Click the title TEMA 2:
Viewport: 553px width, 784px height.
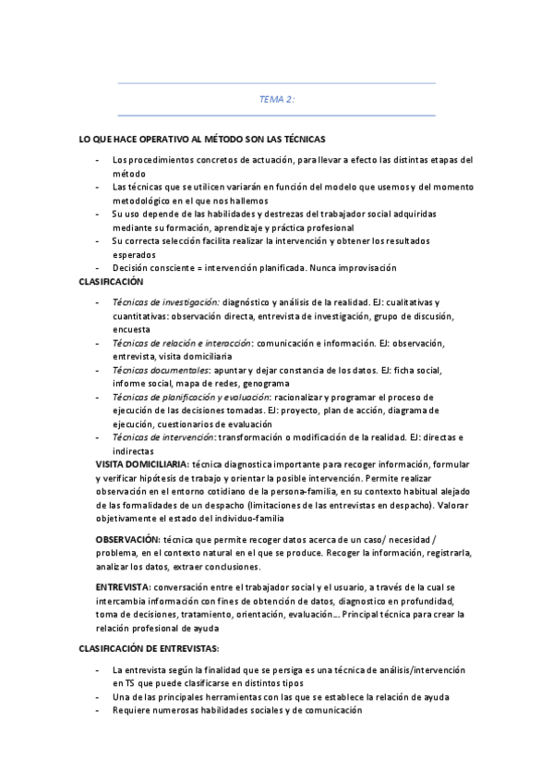coord(276,99)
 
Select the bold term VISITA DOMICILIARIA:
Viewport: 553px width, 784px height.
coord(143,461)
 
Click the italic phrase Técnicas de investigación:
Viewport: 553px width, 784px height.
coord(165,302)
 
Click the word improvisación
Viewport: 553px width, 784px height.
coord(365,268)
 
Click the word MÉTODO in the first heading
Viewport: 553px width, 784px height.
coord(222,139)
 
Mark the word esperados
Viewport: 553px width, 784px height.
coord(135,254)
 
